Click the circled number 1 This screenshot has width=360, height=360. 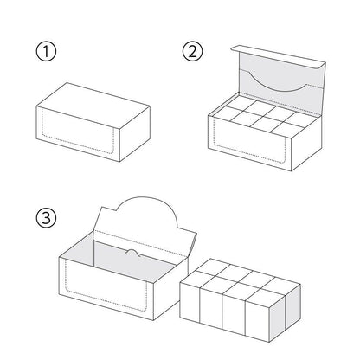[x=46, y=52]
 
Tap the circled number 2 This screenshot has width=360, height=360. [x=192, y=51]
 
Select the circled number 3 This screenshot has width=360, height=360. [x=46, y=218]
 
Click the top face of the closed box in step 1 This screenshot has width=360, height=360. [x=93, y=105]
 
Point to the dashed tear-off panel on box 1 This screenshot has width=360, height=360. [x=78, y=132]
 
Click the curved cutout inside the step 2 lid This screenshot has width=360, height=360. [x=278, y=83]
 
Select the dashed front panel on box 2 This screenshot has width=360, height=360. [x=249, y=140]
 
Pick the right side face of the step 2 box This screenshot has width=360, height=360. [x=305, y=144]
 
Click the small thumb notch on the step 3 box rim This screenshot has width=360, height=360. [x=132, y=252]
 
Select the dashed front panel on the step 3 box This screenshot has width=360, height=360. [x=106, y=286]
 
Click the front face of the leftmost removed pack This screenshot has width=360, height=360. [x=190, y=302]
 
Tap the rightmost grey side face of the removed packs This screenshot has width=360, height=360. [x=293, y=308]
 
